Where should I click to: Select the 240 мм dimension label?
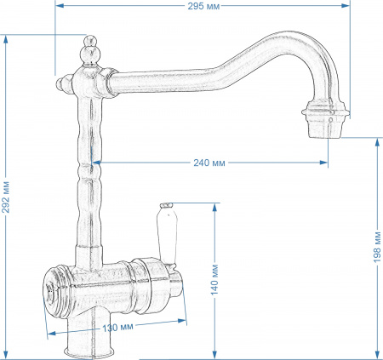coord(209,162)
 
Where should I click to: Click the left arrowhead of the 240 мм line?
coord(95,162)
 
